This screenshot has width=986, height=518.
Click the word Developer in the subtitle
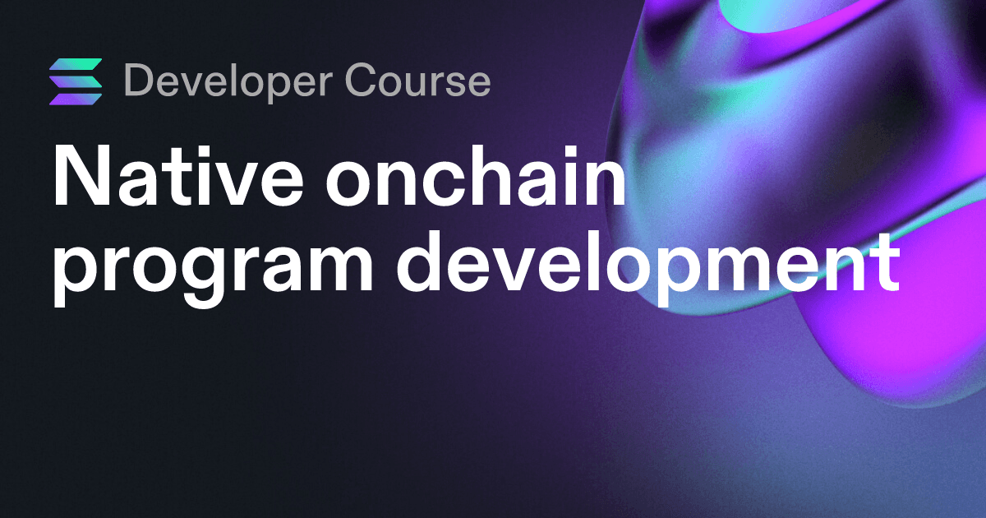229,82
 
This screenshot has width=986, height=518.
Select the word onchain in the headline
476,175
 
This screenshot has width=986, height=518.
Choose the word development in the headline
647,262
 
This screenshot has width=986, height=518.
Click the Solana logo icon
76,81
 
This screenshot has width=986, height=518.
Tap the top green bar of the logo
76,64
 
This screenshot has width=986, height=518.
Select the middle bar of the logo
76,81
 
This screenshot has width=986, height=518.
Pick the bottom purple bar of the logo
76,99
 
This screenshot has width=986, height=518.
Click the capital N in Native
81,175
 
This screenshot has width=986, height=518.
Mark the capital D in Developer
140,79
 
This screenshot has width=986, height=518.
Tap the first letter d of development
421,262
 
